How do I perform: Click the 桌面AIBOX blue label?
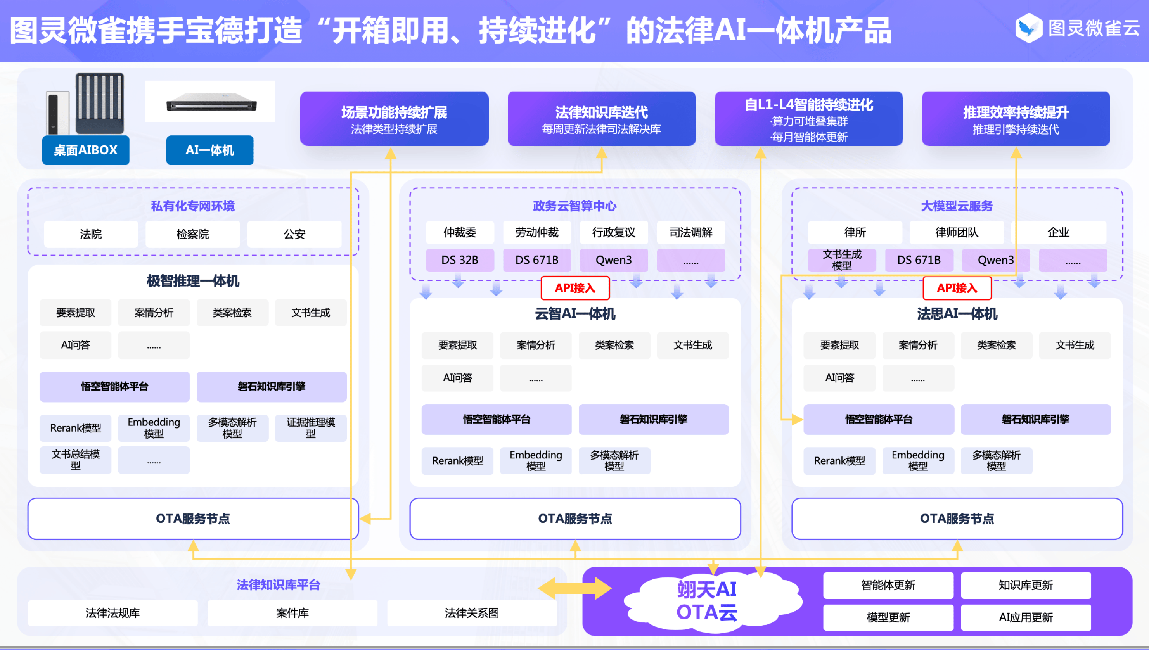[86, 150]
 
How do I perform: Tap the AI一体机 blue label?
[209, 150]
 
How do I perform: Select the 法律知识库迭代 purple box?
[601, 119]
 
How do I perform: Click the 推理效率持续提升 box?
[1016, 119]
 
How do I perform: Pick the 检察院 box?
[192, 234]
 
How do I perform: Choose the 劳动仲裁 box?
[536, 232]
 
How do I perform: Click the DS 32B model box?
[460, 260]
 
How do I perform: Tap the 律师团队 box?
[956, 232]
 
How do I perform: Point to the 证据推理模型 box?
[311, 428]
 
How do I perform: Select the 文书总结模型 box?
[75, 460]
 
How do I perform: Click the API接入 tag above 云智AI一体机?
[575, 288]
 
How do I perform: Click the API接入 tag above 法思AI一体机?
[957, 288]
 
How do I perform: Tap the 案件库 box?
[292, 613]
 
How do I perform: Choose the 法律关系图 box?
[472, 613]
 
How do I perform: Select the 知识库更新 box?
[1025, 585]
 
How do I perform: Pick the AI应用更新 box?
[1025, 617]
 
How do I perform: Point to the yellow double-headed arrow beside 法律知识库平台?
[574, 588]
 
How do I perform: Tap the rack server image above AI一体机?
[211, 103]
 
